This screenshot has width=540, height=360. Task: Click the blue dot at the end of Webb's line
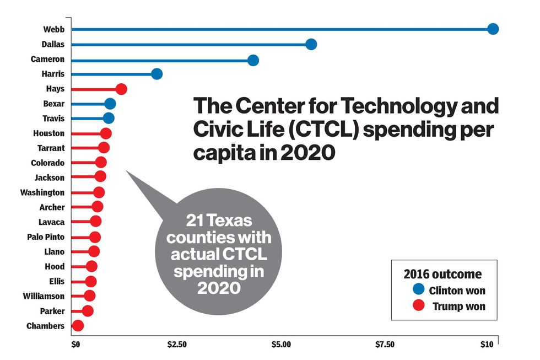(x=493, y=29)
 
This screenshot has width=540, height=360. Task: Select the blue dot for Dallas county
(x=311, y=44)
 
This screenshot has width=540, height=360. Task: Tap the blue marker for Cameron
(x=253, y=60)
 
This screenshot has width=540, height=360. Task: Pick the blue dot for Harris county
(x=156, y=74)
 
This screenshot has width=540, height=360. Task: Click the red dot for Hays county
(x=121, y=89)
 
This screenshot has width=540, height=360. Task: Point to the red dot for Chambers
(x=78, y=326)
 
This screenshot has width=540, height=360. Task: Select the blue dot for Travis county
(x=109, y=118)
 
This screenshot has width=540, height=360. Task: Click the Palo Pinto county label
(x=45, y=237)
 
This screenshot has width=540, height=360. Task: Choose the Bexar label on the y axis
(x=53, y=104)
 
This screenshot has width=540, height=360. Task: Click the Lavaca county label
(x=51, y=222)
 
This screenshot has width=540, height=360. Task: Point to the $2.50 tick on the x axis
(x=176, y=345)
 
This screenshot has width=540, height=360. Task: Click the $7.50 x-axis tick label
(x=385, y=345)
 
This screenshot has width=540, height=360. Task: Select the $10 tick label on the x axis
(x=487, y=345)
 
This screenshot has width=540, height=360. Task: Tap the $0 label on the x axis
(x=76, y=345)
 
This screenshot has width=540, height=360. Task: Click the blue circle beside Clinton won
(x=418, y=290)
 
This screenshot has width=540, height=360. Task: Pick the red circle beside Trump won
(x=418, y=305)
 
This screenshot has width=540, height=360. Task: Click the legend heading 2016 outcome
(x=442, y=274)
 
